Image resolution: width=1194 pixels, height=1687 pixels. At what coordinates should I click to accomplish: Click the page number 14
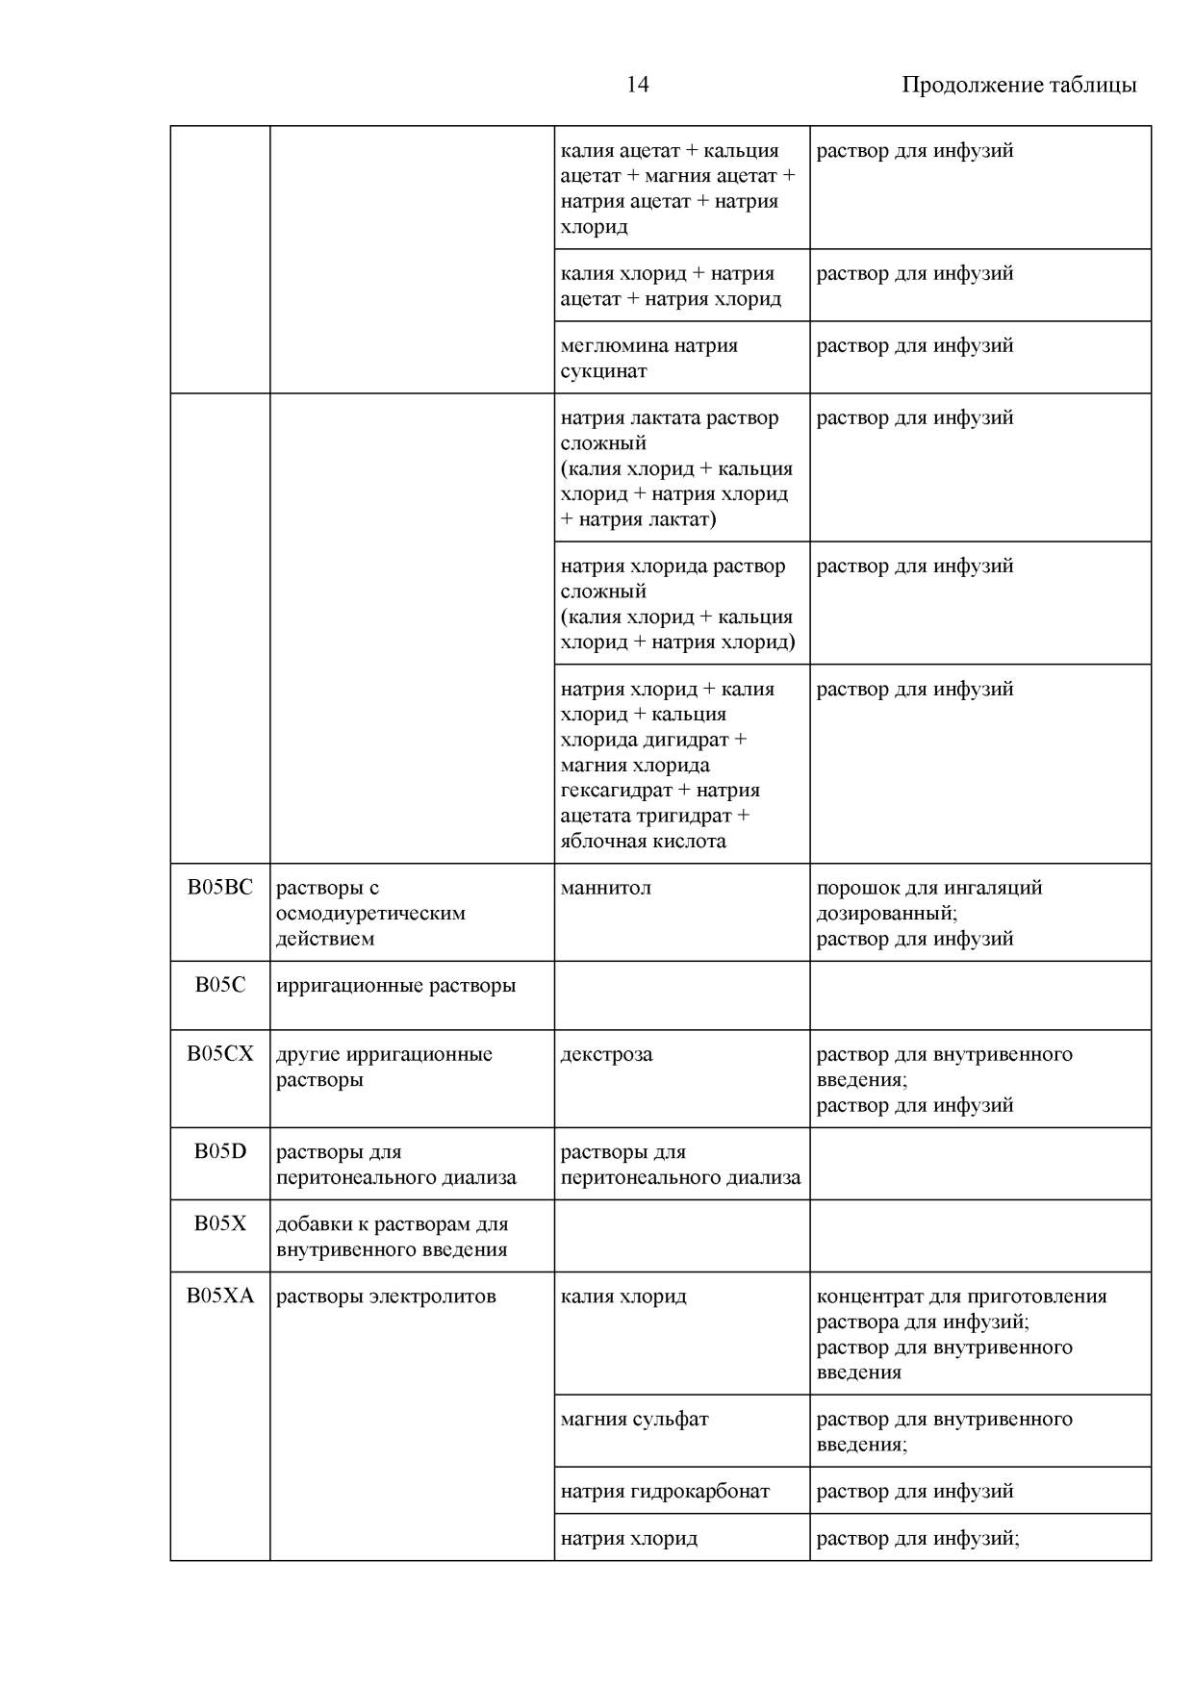pyautogui.click(x=637, y=85)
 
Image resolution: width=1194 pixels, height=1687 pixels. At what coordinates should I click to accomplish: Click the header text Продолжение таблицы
pyautogui.click(x=1018, y=85)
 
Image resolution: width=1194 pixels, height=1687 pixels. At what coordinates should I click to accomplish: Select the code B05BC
pyautogui.click(x=220, y=888)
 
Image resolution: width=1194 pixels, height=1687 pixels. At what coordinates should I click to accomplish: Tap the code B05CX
pyautogui.click(x=220, y=1054)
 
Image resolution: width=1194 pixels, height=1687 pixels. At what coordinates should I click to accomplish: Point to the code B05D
pyautogui.click(x=220, y=1151)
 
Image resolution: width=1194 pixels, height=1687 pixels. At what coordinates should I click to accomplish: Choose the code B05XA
pyautogui.click(x=220, y=1296)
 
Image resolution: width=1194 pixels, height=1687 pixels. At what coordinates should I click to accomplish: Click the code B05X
pyautogui.click(x=220, y=1223)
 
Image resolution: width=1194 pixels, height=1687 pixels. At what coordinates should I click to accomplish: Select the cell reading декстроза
pyautogui.click(x=606, y=1054)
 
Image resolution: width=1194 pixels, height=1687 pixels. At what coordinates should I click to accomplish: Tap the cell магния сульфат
pyautogui.click(x=634, y=1419)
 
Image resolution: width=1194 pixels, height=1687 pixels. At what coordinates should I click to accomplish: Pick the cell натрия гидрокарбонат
pyautogui.click(x=665, y=1491)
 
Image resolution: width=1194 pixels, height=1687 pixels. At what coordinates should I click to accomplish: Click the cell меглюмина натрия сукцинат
pyautogui.click(x=649, y=358)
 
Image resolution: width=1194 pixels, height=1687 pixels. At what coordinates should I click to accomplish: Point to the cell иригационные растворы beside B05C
pyautogui.click(x=395, y=986)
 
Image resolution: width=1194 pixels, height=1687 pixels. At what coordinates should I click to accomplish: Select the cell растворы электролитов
pyautogui.click(x=386, y=1296)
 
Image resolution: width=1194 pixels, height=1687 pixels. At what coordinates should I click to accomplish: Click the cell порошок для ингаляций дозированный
pyautogui.click(x=928, y=900)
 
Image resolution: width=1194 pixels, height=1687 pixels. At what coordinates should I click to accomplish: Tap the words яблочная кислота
pyautogui.click(x=643, y=841)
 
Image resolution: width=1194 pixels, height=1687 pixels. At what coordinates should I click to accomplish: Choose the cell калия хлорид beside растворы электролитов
pyautogui.click(x=623, y=1296)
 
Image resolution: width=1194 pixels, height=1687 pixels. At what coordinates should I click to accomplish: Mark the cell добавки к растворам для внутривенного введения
pyautogui.click(x=392, y=1237)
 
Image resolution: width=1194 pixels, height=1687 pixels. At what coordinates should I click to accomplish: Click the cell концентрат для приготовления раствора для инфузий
pyautogui.click(x=961, y=1309)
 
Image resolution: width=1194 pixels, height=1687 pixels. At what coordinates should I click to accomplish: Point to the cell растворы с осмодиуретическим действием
pyautogui.click(x=370, y=913)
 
